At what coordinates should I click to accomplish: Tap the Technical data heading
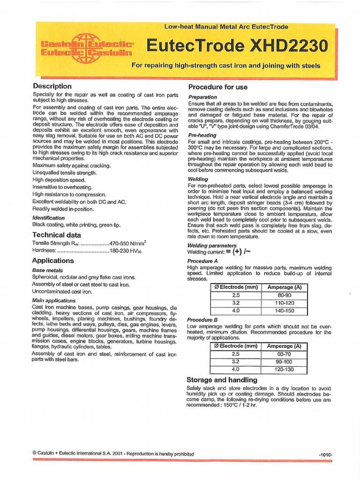click(x=56, y=235)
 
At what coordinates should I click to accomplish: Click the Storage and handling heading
click(x=222, y=380)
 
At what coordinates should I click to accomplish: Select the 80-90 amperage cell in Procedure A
click(x=284, y=295)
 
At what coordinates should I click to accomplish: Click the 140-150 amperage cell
click(x=284, y=310)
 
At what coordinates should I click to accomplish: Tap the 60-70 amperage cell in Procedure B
click(x=284, y=354)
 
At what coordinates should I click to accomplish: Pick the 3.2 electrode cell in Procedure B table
click(x=236, y=362)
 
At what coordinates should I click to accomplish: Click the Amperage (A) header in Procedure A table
click(x=284, y=287)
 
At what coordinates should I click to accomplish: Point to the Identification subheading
click(x=48, y=218)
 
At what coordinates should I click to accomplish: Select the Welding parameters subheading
click(x=212, y=245)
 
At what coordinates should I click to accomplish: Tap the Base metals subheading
click(x=47, y=270)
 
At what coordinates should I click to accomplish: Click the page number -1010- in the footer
click(x=325, y=455)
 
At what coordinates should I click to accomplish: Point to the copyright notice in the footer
click(x=111, y=454)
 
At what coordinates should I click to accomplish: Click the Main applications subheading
click(x=53, y=300)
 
